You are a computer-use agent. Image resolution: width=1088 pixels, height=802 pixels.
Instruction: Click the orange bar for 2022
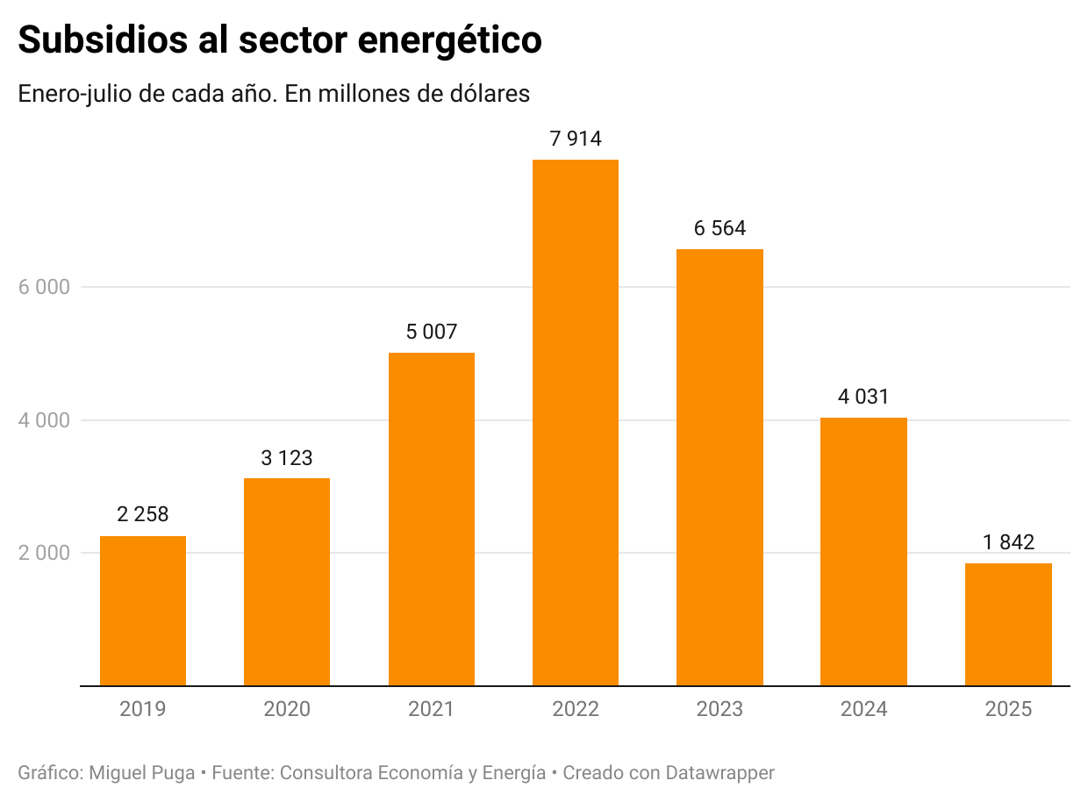575,422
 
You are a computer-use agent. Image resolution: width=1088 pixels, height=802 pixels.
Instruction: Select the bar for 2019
143,611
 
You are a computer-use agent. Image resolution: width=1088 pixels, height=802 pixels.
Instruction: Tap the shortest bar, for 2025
1008,624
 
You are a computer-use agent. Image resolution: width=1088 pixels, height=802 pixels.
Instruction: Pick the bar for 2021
431,519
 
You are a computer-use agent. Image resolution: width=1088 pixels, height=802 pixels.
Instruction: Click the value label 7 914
575,138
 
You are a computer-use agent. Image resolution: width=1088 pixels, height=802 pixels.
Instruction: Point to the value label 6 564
719,228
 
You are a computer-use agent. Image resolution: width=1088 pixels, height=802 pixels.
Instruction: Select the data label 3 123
287,457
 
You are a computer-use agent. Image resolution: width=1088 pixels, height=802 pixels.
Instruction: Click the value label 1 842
1008,542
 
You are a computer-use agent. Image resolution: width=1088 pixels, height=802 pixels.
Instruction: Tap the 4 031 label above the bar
863,397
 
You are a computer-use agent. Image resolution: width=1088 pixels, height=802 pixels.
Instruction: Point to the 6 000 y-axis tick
44,287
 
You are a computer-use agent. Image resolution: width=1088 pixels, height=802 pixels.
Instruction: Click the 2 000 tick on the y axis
44,553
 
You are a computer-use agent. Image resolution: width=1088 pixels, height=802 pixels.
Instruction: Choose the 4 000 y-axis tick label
44,420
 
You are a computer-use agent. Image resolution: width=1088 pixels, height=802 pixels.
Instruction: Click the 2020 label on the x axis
287,709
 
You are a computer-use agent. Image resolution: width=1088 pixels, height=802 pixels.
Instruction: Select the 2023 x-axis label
719,709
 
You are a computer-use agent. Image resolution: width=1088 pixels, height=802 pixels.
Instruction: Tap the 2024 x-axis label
863,709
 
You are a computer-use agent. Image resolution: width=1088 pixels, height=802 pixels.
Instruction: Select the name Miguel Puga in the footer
142,773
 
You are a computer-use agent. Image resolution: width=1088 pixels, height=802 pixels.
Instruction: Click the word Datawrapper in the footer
719,773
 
